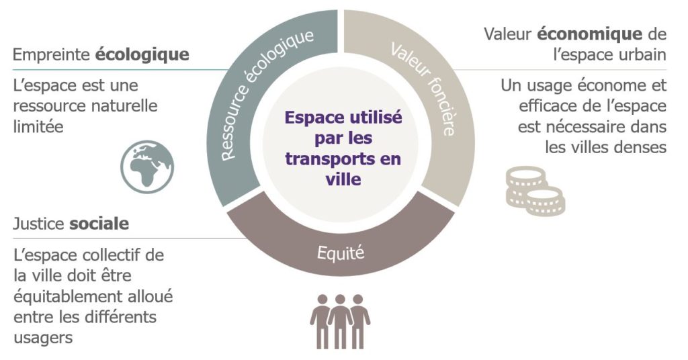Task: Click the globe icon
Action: click(147, 167)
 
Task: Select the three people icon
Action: click(340, 322)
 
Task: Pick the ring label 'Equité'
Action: click(341, 253)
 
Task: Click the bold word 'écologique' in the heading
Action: click(142, 55)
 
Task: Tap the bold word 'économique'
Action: click(590, 34)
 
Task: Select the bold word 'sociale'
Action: click(99, 224)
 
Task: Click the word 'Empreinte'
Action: click(52, 55)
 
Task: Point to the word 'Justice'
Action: click(38, 224)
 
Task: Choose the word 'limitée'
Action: click(38, 127)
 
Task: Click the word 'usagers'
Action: click(43, 339)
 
